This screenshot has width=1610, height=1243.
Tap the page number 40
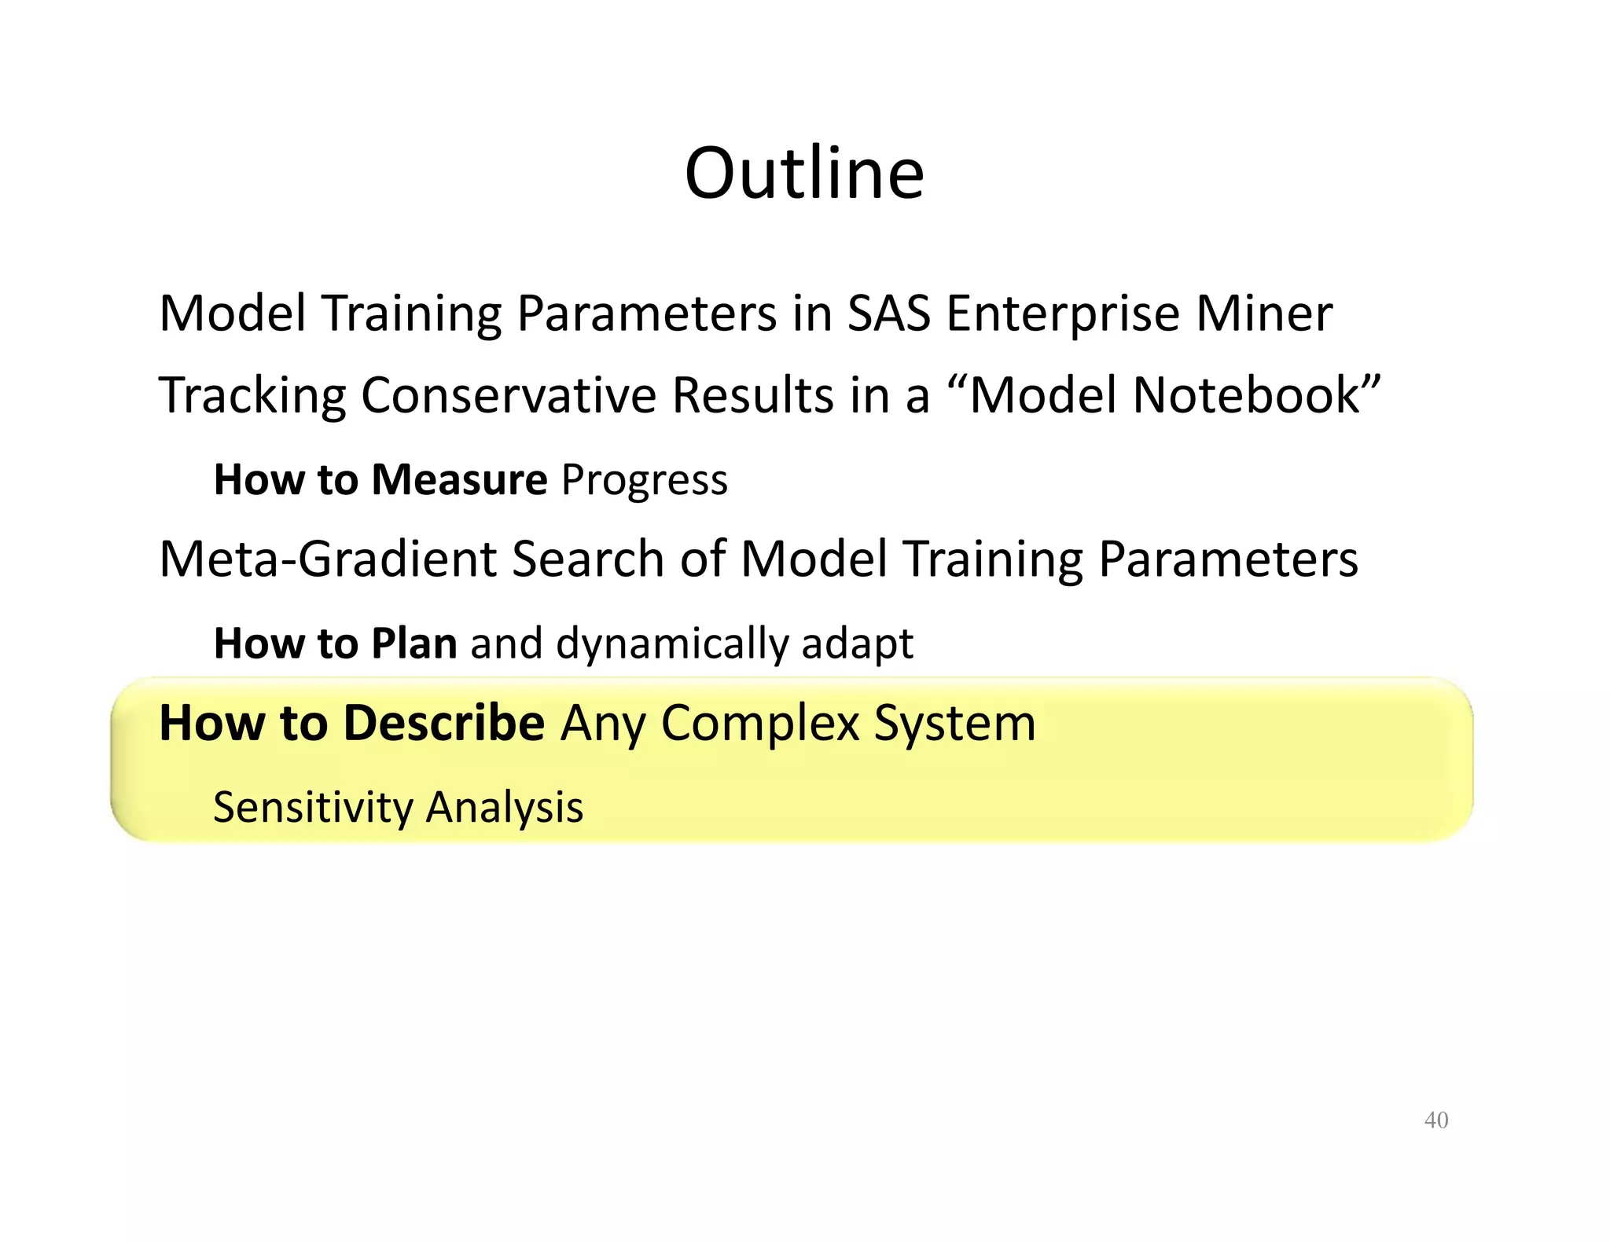click(1435, 1120)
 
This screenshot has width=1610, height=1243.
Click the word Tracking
click(252, 395)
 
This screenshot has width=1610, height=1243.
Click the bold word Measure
click(459, 480)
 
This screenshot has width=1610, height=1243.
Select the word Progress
click(645, 480)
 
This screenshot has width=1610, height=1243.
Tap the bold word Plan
click(414, 643)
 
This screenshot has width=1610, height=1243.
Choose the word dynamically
click(672, 643)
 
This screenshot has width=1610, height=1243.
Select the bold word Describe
click(444, 723)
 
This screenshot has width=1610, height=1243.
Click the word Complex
click(759, 723)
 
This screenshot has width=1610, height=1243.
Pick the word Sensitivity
click(313, 808)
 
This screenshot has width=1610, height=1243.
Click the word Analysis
click(505, 808)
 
